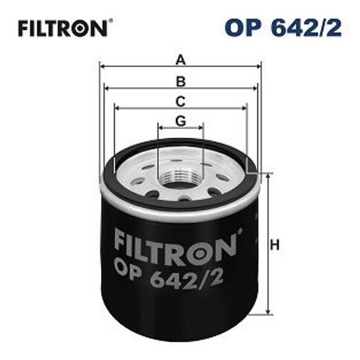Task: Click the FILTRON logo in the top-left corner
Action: [x=62, y=28]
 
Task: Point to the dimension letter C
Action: [x=181, y=100]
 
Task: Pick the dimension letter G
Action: [x=181, y=120]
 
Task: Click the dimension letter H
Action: [x=275, y=244]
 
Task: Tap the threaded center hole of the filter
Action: [x=181, y=181]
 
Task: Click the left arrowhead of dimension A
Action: [x=104, y=67]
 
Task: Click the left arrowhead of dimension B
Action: [x=107, y=88]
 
